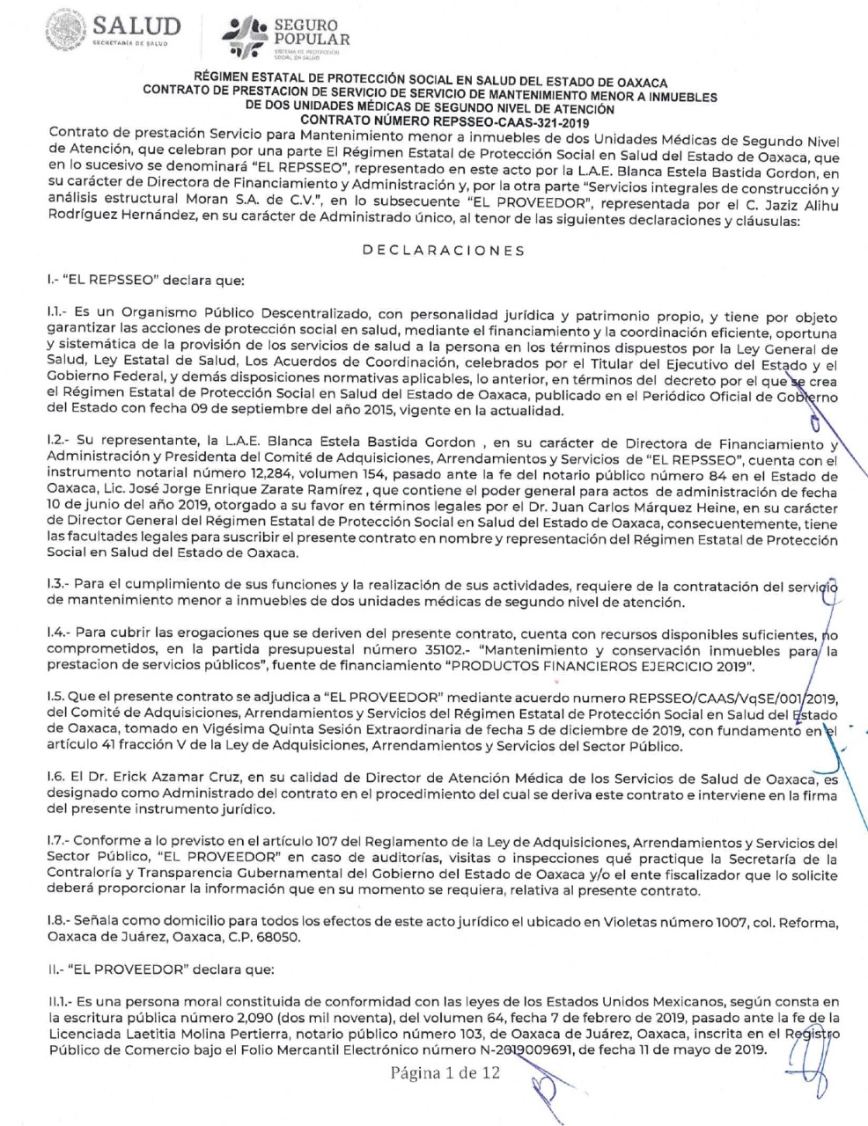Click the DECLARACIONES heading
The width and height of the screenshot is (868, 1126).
click(443, 251)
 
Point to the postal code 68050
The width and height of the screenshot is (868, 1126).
click(281, 938)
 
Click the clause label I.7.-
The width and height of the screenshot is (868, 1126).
click(58, 844)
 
